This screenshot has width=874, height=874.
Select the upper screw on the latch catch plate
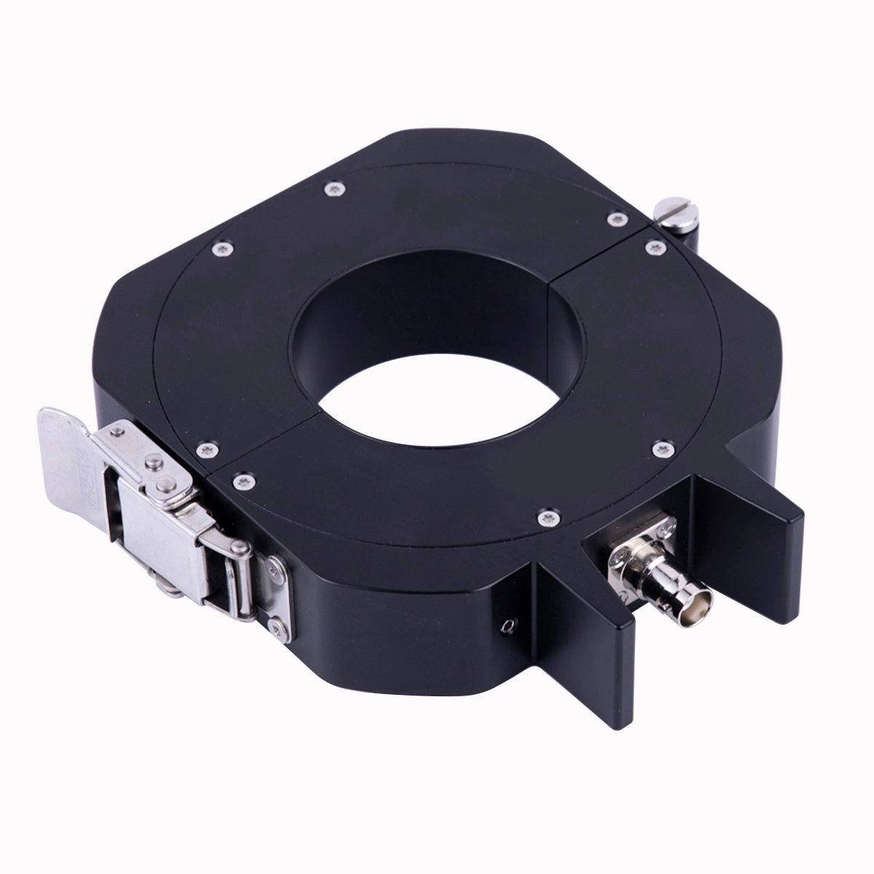tap(273, 565)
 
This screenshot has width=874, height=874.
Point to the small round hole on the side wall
tap(508, 623)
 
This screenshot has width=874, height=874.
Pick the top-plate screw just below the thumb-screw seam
tap(653, 246)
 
